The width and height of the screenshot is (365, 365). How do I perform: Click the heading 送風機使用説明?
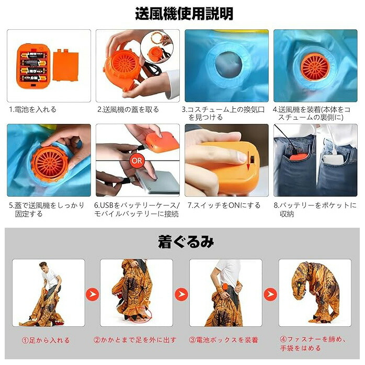(x=184, y=14)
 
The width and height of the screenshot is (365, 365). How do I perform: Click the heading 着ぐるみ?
(x=186, y=242)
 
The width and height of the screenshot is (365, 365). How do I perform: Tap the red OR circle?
(x=136, y=161)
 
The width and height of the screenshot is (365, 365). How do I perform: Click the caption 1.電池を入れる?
(x=32, y=109)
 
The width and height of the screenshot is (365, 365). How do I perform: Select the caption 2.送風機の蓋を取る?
(x=128, y=109)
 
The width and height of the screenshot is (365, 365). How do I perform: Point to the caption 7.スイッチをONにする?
(x=224, y=206)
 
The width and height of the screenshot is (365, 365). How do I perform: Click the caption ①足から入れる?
(x=45, y=340)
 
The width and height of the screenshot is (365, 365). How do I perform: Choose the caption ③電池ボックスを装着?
(x=223, y=340)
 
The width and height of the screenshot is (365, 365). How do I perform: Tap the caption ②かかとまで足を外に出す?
(x=135, y=340)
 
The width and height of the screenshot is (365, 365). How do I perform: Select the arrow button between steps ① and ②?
(x=93, y=294)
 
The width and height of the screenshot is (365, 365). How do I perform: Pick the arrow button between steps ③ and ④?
(x=270, y=294)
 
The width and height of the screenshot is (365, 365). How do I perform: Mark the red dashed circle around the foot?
(x=139, y=314)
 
